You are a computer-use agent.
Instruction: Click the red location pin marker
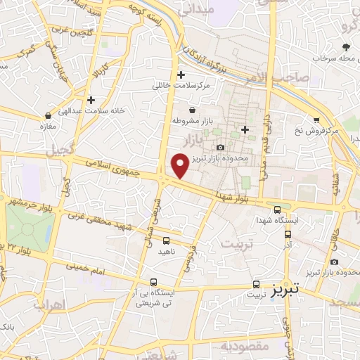click(x=180, y=165)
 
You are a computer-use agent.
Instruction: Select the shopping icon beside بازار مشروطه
click(x=192, y=109)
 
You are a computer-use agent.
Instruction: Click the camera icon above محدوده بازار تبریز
click(x=221, y=147)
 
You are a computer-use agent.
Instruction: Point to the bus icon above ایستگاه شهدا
click(x=277, y=210)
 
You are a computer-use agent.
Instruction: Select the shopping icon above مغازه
click(x=48, y=115)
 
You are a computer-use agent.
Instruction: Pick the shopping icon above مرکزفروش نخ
click(x=316, y=120)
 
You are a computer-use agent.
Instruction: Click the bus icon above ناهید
click(x=165, y=240)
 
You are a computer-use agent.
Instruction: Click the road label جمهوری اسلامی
click(x=116, y=167)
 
